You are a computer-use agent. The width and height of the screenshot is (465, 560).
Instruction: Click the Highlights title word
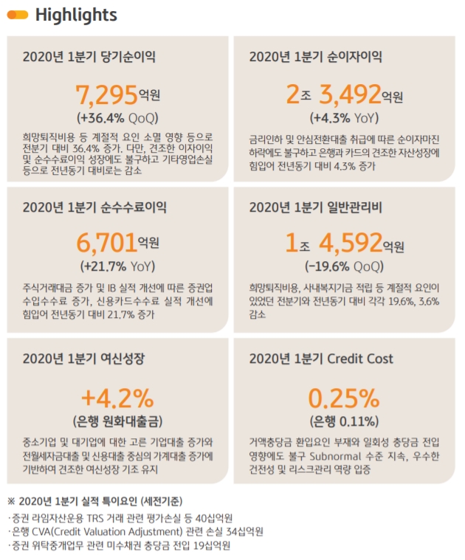pos(76,14)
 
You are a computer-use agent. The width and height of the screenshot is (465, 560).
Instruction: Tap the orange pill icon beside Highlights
pos(21,14)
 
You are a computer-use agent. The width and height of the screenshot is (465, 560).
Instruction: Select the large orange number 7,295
pos(106,94)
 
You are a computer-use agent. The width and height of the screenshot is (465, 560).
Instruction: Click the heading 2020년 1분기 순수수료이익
pos(94,208)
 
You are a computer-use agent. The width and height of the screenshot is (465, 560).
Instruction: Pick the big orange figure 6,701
pos(106,243)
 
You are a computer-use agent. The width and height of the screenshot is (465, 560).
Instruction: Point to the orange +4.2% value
pos(117,398)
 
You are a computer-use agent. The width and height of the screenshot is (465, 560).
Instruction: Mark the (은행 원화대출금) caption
pos(117,422)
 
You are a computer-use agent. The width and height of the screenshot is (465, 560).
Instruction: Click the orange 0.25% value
pos(344,398)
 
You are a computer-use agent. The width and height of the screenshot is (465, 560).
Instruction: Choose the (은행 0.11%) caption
pos(344,422)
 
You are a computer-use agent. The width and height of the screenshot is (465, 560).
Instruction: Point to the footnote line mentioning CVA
pos(137,531)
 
